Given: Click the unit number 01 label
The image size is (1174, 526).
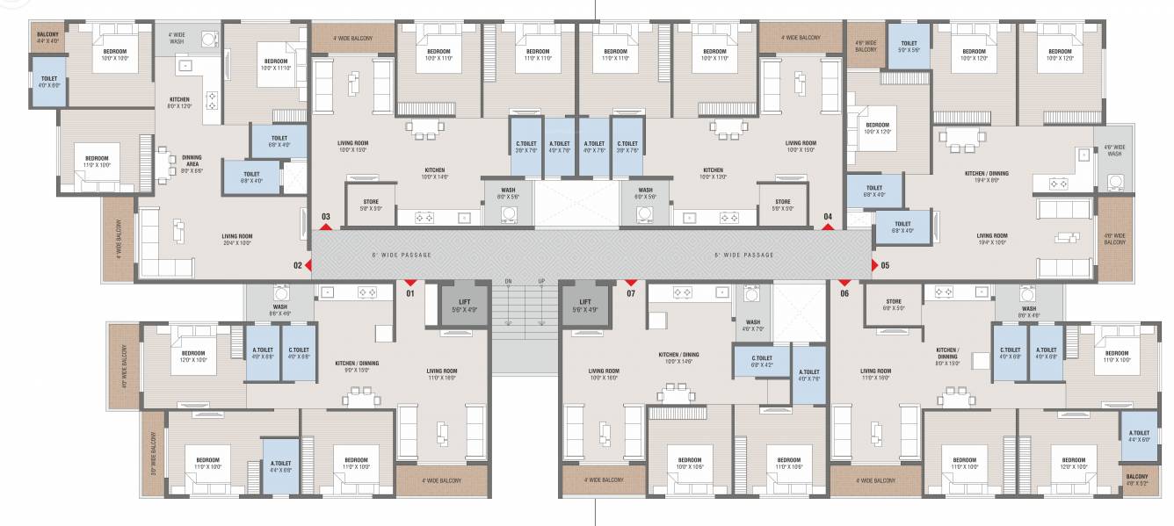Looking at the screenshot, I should pos(409,294).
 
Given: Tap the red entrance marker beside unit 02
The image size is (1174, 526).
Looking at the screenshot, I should pos(308,265).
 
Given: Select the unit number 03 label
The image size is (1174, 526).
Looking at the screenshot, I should pos(325,216).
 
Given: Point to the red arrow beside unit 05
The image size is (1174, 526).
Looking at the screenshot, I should pos(873,265).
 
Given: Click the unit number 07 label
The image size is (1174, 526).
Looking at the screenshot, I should pos(630,294).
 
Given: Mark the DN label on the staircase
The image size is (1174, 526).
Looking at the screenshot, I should pos(508,282).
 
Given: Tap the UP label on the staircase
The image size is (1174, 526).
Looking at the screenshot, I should pos(541,282).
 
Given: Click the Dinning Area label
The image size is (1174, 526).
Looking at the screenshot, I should pos(192,163).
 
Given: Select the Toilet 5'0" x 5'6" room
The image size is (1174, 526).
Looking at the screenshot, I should pos(909,47).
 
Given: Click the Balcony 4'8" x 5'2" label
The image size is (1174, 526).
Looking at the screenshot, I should pos(1136,480).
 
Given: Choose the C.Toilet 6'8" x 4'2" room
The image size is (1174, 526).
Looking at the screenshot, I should pos(761,360).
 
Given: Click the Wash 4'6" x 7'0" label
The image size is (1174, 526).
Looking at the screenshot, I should pos(752,326).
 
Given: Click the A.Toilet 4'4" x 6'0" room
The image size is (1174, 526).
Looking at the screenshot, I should pos(1140,436).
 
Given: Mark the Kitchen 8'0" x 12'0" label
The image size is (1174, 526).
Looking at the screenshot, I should pos(179,103).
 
